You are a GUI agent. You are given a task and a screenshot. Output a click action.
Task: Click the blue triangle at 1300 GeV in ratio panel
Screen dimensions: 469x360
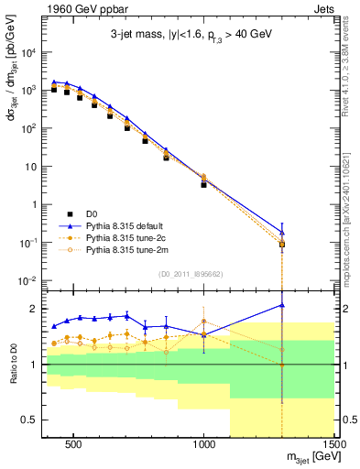coord(282,305)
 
